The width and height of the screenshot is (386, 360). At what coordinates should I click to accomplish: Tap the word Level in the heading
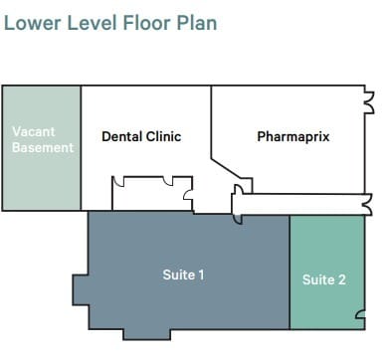click(x=92, y=21)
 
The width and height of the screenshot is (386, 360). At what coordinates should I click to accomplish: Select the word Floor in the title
click(x=145, y=21)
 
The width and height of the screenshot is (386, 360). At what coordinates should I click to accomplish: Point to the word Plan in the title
click(x=195, y=21)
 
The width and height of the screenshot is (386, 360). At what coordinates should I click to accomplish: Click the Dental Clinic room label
click(x=141, y=136)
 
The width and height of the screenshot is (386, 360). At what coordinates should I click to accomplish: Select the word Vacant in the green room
click(x=34, y=130)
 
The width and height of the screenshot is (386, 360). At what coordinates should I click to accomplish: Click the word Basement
click(x=43, y=147)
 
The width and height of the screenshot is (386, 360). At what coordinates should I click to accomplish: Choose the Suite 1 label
click(x=183, y=274)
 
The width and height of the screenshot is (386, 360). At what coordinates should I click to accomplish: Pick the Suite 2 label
click(x=324, y=279)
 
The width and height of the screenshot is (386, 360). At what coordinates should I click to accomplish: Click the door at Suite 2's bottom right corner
click(x=361, y=317)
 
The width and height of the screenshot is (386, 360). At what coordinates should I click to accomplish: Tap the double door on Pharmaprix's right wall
click(x=368, y=99)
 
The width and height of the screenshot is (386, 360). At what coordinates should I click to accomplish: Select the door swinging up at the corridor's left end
click(x=239, y=190)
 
